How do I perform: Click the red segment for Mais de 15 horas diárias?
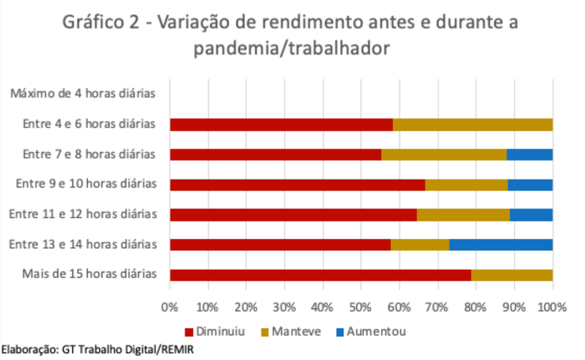pyautogui.click(x=320, y=275)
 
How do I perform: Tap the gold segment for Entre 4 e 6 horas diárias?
pyautogui.click(x=472, y=125)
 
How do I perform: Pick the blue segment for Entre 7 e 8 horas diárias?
pyautogui.click(x=529, y=154)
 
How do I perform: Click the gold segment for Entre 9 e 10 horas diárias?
pyautogui.click(x=466, y=185)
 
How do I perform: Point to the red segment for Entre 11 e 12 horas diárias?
pyautogui.click(x=293, y=215)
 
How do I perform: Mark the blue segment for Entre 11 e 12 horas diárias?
pyautogui.click(x=531, y=215)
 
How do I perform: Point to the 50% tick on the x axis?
pyautogui.click(x=361, y=307)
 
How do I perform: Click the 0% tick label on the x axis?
pyautogui.click(x=170, y=307)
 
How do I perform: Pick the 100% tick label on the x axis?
pyautogui.click(x=552, y=307)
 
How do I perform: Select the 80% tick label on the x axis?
pyautogui.click(x=475, y=307)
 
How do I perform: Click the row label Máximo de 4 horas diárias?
pyautogui.click(x=83, y=95)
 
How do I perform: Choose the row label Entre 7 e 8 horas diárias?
pyautogui.click(x=89, y=154)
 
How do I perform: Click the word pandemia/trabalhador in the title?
pyautogui.click(x=291, y=49)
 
